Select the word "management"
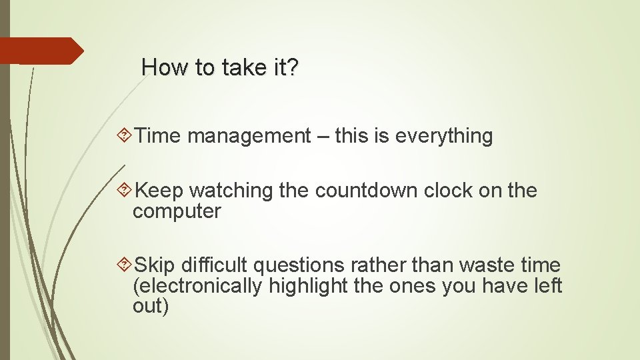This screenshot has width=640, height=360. [x=249, y=136]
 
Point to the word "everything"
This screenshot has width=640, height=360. [x=444, y=137]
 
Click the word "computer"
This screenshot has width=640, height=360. [x=177, y=212]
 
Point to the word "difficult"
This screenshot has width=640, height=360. [x=211, y=265]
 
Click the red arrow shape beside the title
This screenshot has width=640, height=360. [x=40, y=51]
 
